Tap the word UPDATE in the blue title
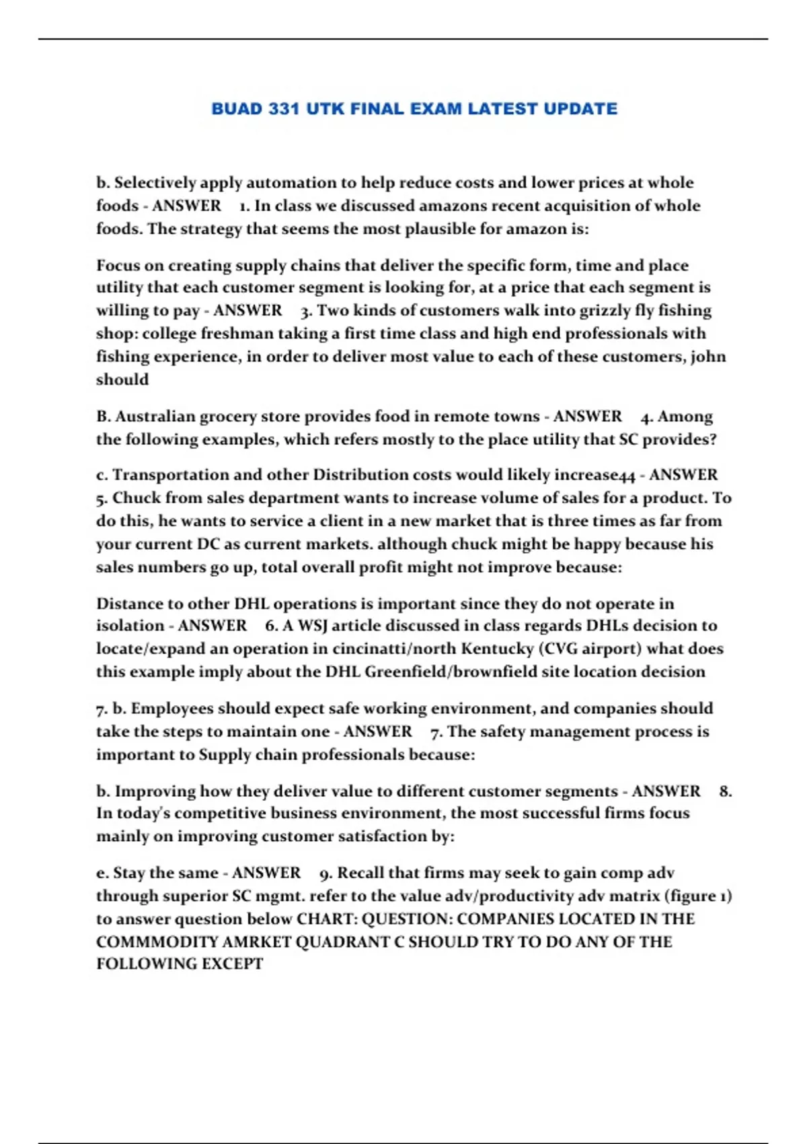pyautogui.click(x=580, y=109)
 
